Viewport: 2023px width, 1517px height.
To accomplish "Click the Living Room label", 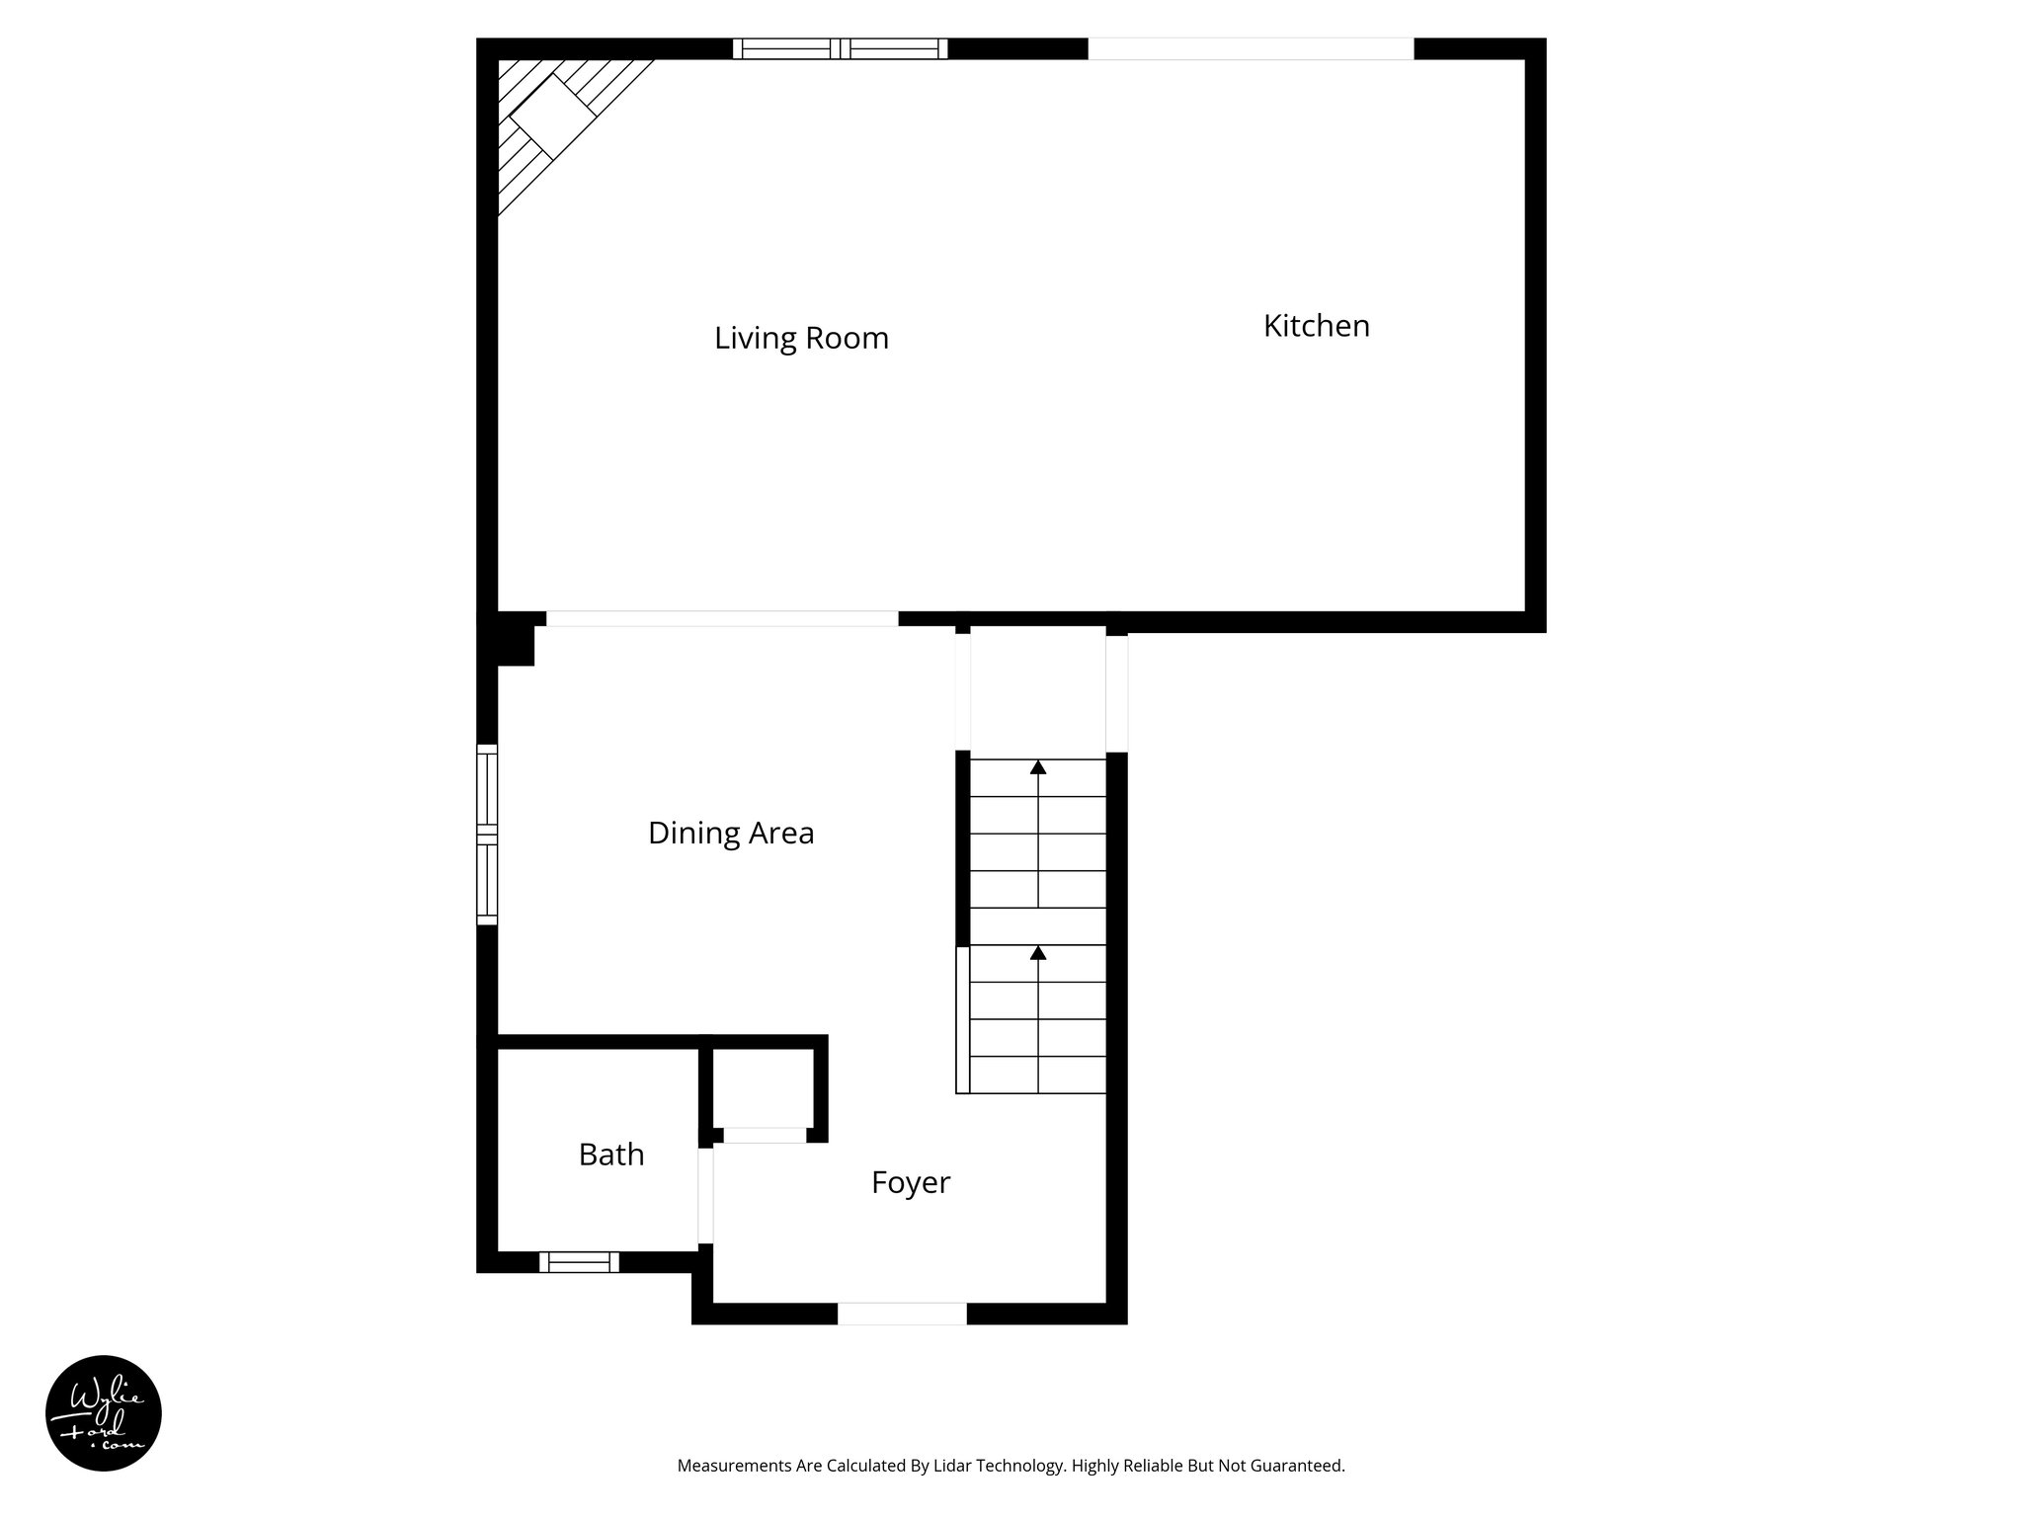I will (801, 339).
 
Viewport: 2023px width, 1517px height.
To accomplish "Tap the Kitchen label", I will (1316, 326).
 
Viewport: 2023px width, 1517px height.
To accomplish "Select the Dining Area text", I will (731, 834).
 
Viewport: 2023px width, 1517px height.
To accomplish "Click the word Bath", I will (611, 1155).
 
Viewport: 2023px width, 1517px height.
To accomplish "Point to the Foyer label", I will (910, 1182).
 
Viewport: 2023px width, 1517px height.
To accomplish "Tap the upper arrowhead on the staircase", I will (1038, 767).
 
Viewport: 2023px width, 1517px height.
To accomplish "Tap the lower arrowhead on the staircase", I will (1038, 953).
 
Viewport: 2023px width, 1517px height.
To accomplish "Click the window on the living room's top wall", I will (840, 48).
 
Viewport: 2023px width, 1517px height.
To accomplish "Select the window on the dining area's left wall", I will (487, 835).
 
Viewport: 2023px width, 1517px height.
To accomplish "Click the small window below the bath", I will (579, 1262).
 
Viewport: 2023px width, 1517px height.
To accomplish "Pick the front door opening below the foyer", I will (902, 1314).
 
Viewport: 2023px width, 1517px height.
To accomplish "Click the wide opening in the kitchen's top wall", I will (1251, 48).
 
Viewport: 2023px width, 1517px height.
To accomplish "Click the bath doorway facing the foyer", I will (705, 1195).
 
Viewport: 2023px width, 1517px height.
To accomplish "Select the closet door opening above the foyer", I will (765, 1136).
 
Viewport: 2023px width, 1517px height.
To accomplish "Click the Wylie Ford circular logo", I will (104, 1413).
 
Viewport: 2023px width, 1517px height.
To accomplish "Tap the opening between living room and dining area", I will (722, 619).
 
